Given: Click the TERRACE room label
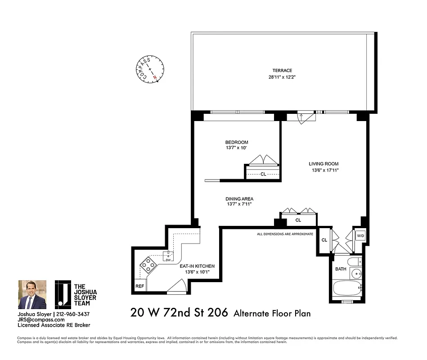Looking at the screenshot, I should point(282,70).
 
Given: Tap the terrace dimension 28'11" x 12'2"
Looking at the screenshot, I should point(282,77).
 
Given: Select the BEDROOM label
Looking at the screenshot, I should point(237,142).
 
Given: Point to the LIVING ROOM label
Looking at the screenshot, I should point(324,164).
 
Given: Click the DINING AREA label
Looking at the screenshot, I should point(238,198).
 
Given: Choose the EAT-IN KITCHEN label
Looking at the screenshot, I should point(197,266).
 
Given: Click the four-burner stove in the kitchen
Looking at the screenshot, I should point(148,265).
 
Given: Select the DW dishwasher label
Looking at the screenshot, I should point(167,260).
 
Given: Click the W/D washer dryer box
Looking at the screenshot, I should point(360,236).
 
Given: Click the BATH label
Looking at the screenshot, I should point(341,269).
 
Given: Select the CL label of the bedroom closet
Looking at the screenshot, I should point(263,174).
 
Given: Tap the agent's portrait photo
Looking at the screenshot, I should point(32,294).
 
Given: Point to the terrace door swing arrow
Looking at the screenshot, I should point(301,116).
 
